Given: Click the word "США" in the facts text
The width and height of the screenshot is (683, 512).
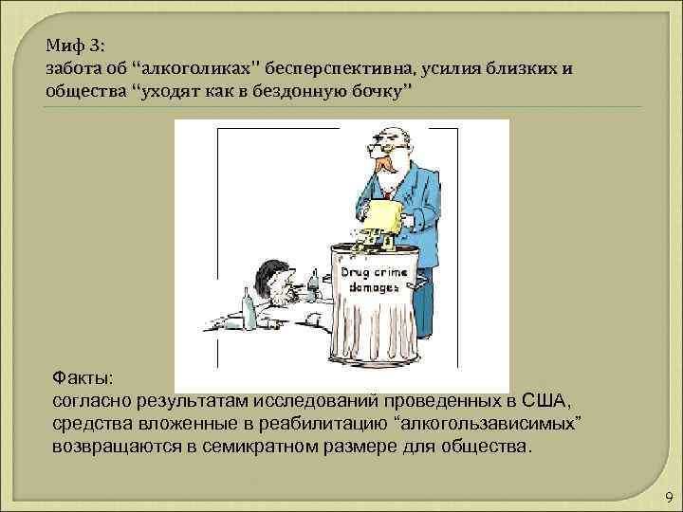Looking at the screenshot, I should point(545,399).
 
